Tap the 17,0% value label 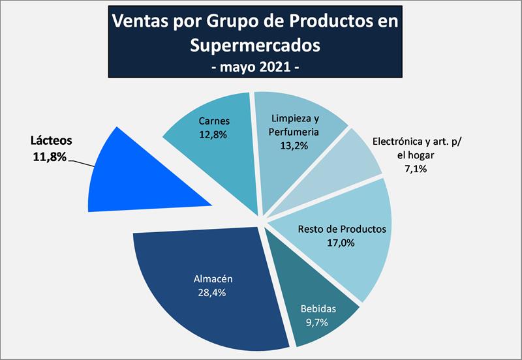[342, 243]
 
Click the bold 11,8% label [49, 156]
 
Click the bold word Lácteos [52, 140]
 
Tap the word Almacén [213, 278]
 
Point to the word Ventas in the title [140, 21]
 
